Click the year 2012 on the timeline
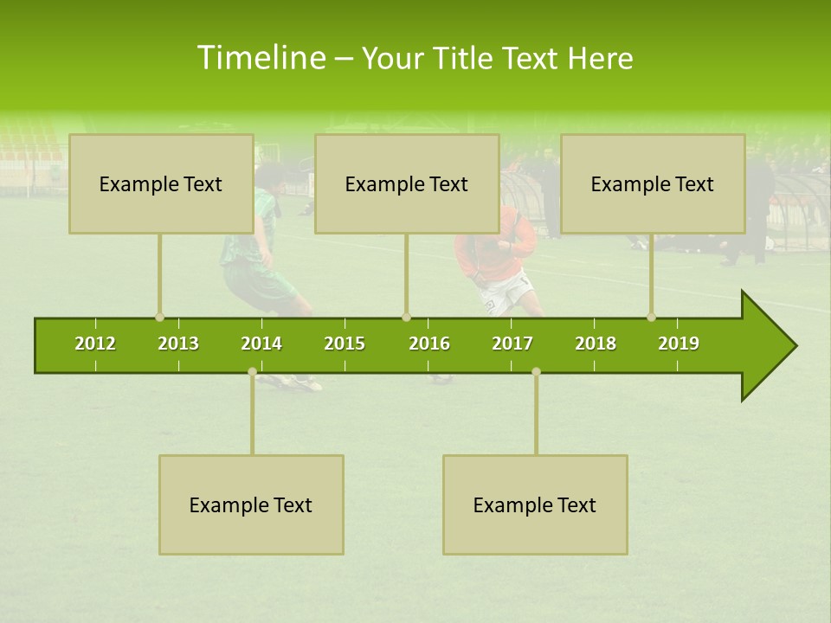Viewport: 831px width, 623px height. click(x=95, y=344)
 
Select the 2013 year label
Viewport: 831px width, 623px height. click(x=178, y=344)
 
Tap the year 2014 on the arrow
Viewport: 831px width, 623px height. click(x=261, y=344)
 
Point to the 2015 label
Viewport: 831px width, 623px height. click(x=345, y=344)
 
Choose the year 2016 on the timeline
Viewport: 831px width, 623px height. click(x=429, y=344)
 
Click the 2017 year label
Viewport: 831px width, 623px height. click(x=512, y=344)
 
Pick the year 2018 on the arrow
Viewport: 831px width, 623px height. click(x=596, y=344)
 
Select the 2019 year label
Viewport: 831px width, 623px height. click(x=679, y=344)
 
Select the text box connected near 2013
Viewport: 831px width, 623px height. click(x=161, y=183)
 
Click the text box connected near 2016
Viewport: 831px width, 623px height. click(x=407, y=183)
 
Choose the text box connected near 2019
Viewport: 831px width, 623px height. click(x=653, y=183)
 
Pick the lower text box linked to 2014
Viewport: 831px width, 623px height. click(x=251, y=504)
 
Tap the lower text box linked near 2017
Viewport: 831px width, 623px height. click(x=535, y=504)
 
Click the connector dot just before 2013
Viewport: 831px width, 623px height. click(x=159, y=318)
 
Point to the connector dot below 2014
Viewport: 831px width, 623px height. click(x=252, y=372)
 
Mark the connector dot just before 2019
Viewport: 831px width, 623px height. click(x=651, y=318)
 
